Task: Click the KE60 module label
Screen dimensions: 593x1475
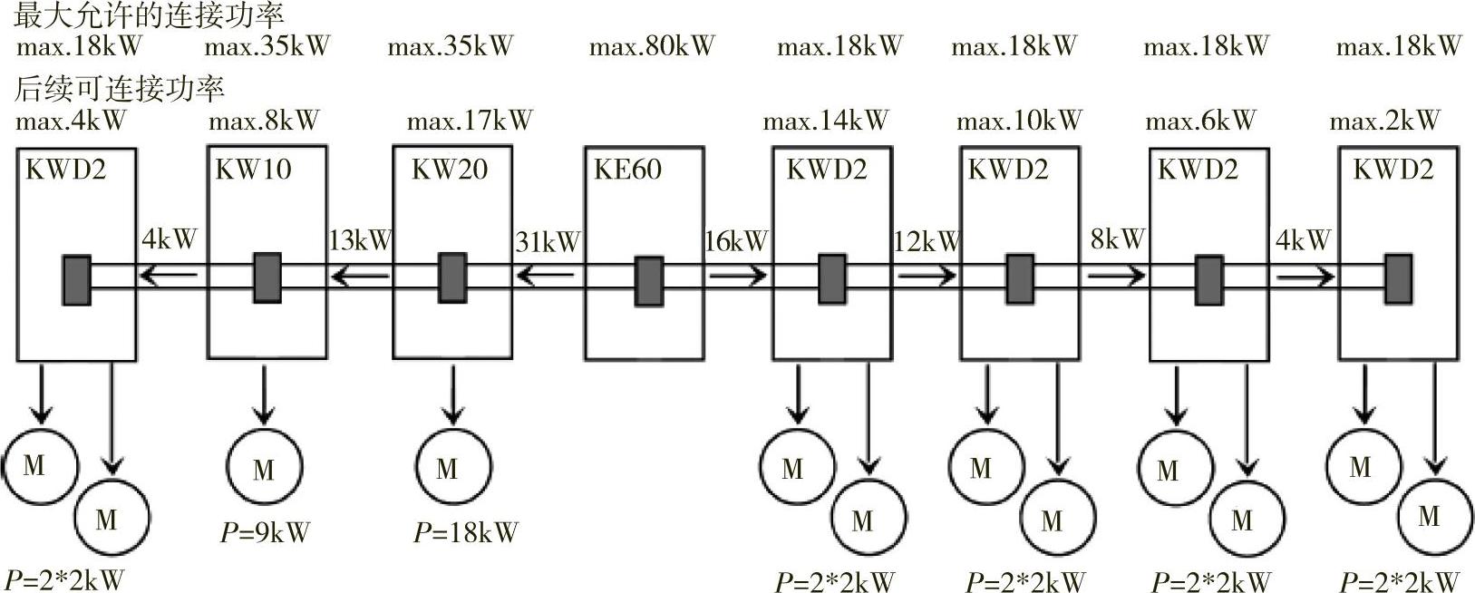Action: tap(627, 170)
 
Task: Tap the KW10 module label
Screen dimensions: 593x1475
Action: tap(253, 170)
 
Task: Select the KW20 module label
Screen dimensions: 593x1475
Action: tap(450, 170)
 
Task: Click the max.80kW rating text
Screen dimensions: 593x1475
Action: tap(652, 45)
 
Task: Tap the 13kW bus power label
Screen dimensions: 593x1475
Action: tap(360, 241)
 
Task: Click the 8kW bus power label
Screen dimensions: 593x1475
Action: tap(1118, 239)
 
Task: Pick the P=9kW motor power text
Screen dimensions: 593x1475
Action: tap(265, 532)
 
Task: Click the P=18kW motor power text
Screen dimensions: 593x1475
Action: tap(465, 532)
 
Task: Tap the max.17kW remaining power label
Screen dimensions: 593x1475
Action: tap(470, 120)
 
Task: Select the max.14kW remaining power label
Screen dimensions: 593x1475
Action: tap(826, 120)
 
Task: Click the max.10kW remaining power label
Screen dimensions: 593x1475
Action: tap(1019, 120)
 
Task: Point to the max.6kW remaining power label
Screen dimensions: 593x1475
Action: tap(1201, 120)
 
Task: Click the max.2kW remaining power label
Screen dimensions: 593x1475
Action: tap(1385, 120)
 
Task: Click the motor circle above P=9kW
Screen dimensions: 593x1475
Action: tap(264, 468)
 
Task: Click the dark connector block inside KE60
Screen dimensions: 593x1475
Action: tap(648, 281)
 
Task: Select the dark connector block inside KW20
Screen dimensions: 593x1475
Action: tap(452, 277)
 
